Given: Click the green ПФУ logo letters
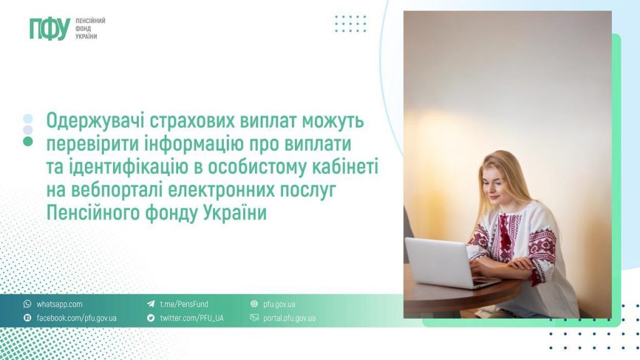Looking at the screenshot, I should coord(49,29).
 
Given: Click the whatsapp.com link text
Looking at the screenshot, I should coord(59,304).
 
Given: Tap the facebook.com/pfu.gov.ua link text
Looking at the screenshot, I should coord(76,318).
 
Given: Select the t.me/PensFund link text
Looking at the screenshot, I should coord(184,304).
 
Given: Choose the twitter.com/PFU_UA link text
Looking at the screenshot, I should coord(191,318).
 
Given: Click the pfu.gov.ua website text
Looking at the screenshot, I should coord(280,304).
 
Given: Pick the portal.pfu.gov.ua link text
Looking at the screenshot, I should coord(290,318).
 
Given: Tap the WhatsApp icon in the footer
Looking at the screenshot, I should coord(27,304).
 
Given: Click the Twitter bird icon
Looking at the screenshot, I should coord(151,318).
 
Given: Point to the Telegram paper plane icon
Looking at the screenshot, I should coord(151,304).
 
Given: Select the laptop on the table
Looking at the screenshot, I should coord(441,262).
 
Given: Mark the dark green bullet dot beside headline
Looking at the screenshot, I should coord(27,141).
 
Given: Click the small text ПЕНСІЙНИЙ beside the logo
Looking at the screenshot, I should coord(90,21).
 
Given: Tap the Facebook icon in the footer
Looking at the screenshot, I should coord(27,318).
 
